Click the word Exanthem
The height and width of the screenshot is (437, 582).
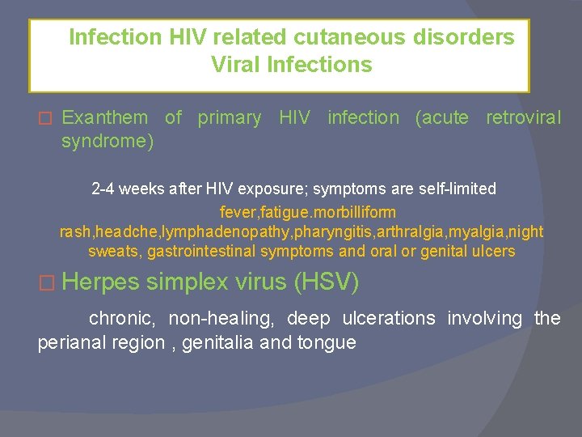coord(105,118)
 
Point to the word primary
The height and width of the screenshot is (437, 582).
coord(230,118)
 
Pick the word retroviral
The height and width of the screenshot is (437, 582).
coord(523,118)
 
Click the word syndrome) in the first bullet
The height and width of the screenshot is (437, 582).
coord(107,141)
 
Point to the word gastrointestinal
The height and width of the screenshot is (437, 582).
coord(213,251)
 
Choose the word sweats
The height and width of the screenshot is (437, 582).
coord(116,251)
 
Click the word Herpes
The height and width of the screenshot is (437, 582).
coord(100,282)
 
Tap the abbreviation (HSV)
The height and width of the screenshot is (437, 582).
coord(327,282)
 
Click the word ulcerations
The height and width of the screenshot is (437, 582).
coord(389,319)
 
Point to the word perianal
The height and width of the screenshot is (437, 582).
coord(71,343)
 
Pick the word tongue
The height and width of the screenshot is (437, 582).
coord(327,343)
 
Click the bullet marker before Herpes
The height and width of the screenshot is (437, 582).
coord(47,283)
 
